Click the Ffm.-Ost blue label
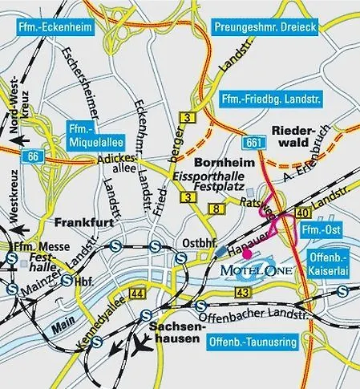(319, 230)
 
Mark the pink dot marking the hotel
(248, 253)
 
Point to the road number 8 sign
(215, 209)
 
